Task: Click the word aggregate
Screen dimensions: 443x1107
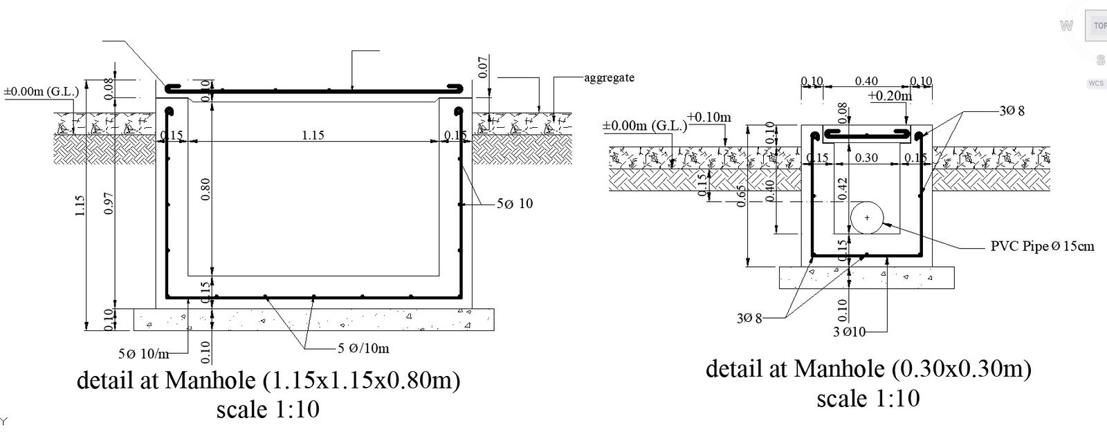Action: point(609,77)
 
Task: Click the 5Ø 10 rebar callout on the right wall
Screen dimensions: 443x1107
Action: point(515,204)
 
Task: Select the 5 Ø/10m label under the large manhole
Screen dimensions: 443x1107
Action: point(363,348)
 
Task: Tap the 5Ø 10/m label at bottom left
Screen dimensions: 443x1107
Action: point(143,354)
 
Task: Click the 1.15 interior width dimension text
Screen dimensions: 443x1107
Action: point(313,135)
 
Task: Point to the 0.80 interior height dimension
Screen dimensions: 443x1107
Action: point(205,191)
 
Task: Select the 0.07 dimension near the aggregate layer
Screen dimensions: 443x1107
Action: point(484,67)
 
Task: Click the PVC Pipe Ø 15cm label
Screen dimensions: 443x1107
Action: point(1042,246)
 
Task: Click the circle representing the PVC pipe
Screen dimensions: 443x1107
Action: point(866,218)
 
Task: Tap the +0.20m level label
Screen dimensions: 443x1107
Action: point(890,96)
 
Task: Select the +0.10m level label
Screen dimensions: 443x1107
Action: point(709,117)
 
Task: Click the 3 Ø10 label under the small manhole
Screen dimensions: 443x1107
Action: point(849,332)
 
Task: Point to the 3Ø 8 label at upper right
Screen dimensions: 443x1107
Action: point(1012,111)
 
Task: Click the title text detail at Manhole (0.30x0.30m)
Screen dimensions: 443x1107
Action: point(868,369)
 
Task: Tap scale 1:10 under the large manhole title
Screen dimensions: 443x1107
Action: point(268,409)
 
